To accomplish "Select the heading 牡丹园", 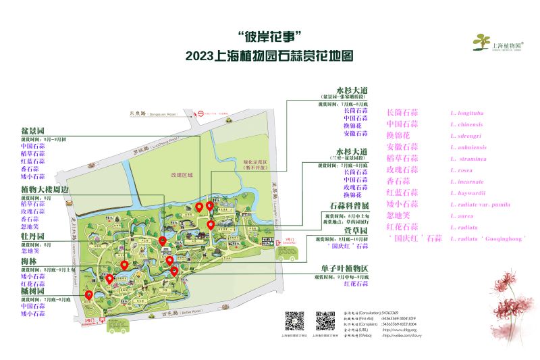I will point(32,236).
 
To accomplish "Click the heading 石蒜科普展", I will point(349,205).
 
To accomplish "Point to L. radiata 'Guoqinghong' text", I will point(487,238).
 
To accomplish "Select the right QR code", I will point(325,320).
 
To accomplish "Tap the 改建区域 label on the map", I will point(181,175).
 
